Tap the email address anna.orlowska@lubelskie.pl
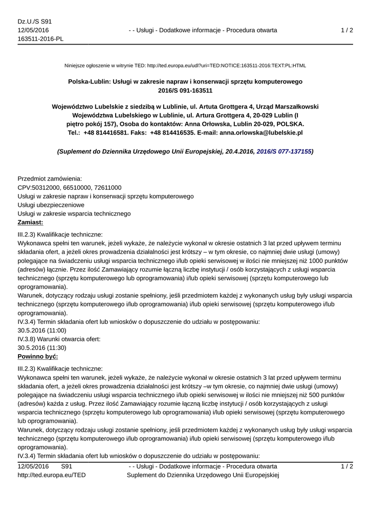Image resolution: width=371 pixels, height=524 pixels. coord(261,132)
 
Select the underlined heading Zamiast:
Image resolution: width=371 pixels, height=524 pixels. coord(30,222)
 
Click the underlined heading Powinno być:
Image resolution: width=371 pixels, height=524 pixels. coord(38,356)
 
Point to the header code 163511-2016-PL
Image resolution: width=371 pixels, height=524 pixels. coord(40,39)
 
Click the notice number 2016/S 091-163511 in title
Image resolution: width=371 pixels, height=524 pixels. coord(185,90)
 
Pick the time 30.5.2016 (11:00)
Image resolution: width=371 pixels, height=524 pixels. coord(42,330)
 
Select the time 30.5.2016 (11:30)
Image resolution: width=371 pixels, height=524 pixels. coord(42,347)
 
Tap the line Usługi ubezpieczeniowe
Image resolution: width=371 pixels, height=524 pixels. coord(51,205)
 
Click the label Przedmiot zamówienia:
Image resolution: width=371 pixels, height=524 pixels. coord(50,179)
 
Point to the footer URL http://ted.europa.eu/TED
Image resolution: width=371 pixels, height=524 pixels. coord(52,475)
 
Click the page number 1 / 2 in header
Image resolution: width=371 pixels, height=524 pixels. coord(347,30)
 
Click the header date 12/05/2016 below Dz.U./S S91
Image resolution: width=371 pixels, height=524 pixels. coord(33,30)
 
